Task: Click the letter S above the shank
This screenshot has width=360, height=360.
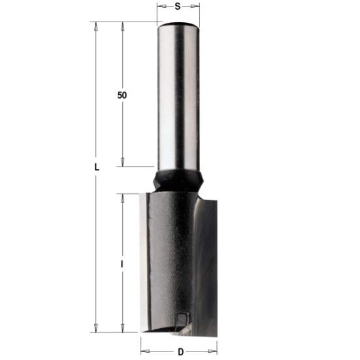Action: (178, 7)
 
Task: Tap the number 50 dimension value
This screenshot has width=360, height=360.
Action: (122, 95)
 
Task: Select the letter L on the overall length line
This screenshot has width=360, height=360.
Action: (96, 167)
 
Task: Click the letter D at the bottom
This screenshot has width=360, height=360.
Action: (180, 352)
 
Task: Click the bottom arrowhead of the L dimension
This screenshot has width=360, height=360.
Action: (96, 328)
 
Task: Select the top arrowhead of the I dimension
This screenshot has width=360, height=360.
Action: (122, 197)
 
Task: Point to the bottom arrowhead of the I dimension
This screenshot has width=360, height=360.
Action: (122, 328)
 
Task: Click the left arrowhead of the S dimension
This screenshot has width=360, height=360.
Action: (161, 7)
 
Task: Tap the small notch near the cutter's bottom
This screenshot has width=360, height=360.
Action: (181, 318)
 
